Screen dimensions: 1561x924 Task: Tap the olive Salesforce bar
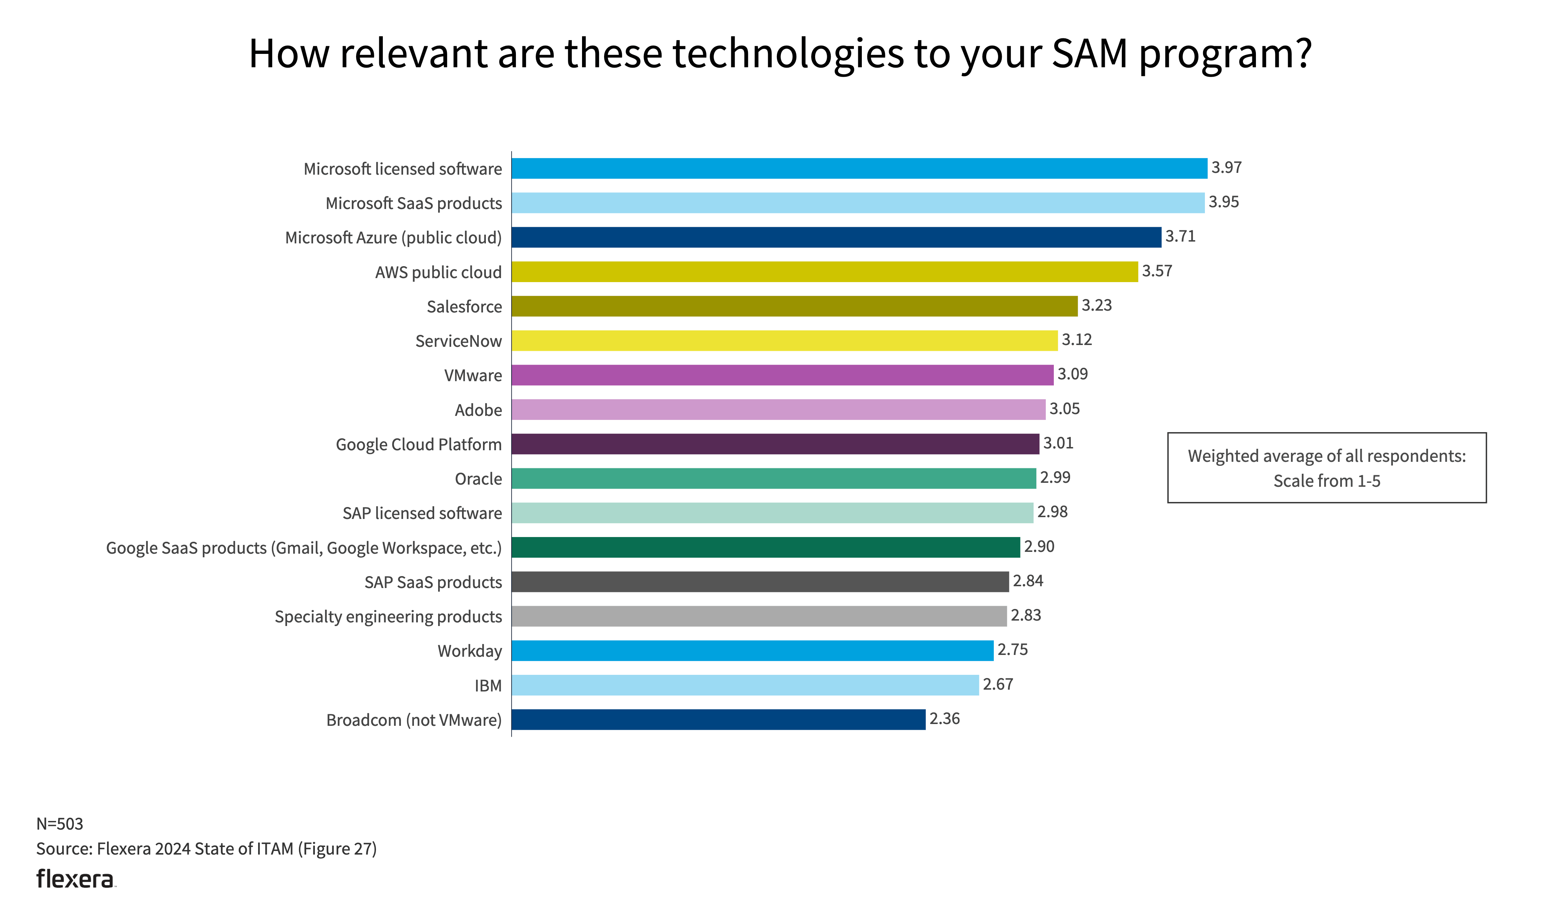794,306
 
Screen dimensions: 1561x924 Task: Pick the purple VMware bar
782,375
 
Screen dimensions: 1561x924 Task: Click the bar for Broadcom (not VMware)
718,719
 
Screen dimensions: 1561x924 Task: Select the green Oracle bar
774,478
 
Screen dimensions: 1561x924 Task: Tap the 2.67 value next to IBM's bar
998,684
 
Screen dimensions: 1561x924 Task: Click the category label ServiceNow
458,341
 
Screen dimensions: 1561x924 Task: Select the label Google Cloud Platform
418,444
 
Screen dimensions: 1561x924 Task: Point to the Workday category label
469,651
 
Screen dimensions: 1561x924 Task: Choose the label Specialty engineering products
388,617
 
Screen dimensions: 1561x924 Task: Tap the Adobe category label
478,410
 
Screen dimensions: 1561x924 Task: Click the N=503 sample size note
60,824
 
